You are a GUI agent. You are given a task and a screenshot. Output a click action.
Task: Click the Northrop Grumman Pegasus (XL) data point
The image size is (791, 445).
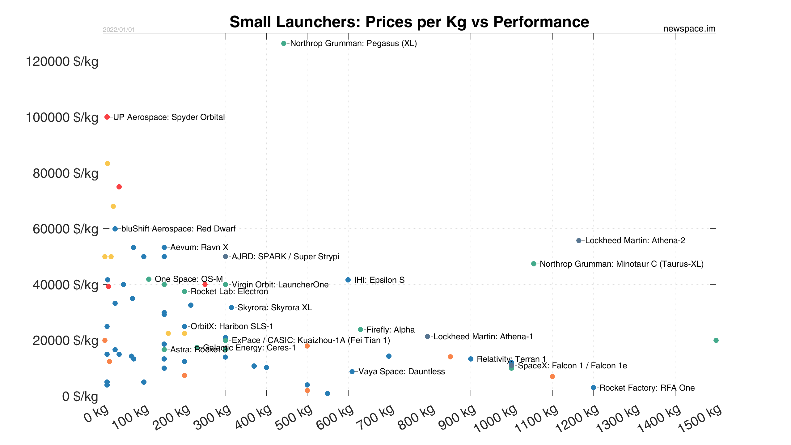[x=284, y=44]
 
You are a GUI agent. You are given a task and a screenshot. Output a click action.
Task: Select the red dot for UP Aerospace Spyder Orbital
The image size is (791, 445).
[x=107, y=117]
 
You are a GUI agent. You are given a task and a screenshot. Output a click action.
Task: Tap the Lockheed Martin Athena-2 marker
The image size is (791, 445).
[x=579, y=240]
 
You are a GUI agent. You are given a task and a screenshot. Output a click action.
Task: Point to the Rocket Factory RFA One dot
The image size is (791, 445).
[x=593, y=388]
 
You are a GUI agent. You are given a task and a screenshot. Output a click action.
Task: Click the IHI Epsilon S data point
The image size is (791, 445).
[x=348, y=280]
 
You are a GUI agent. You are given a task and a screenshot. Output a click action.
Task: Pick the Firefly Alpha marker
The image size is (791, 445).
[x=360, y=329]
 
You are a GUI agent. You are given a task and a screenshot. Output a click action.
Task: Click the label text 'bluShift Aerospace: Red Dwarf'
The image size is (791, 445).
[x=178, y=229]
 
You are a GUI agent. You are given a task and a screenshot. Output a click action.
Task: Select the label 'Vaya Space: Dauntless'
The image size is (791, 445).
[x=401, y=371]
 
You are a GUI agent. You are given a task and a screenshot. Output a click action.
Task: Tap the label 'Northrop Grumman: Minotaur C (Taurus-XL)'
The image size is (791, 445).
[x=621, y=264]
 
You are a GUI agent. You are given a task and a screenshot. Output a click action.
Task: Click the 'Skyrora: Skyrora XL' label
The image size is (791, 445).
[x=275, y=307]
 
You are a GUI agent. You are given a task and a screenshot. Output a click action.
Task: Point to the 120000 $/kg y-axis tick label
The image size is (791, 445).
[x=62, y=61]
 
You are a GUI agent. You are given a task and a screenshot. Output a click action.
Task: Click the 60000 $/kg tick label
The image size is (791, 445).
[x=66, y=229]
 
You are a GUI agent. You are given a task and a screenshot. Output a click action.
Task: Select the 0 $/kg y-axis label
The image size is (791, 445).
[x=80, y=396]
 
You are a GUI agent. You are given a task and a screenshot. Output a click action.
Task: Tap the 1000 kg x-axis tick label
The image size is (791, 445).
[x=496, y=419]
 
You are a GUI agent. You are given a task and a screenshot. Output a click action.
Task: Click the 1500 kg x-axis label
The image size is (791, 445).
[x=700, y=419]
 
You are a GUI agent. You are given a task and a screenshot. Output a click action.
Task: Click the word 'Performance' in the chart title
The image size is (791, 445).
[x=541, y=22]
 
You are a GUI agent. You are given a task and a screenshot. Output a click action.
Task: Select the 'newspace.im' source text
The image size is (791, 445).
[x=689, y=28]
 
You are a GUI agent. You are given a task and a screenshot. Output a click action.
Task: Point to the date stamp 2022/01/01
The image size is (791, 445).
[x=119, y=30]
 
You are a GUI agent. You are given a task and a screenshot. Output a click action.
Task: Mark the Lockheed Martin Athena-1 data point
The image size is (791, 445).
[x=427, y=336]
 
